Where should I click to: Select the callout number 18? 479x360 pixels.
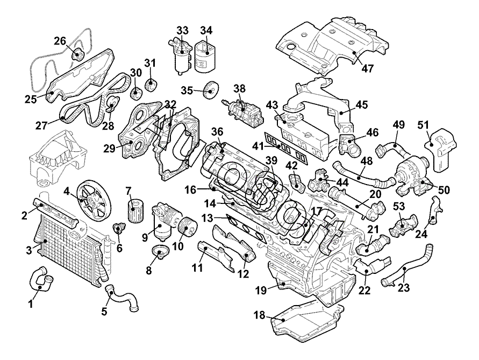[x=259, y=316]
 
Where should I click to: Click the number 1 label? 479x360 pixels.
[x=30, y=305]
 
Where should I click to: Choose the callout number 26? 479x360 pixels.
[x=60, y=40]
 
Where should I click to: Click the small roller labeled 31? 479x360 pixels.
[x=151, y=85]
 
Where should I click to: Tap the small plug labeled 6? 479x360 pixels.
[x=118, y=230]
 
